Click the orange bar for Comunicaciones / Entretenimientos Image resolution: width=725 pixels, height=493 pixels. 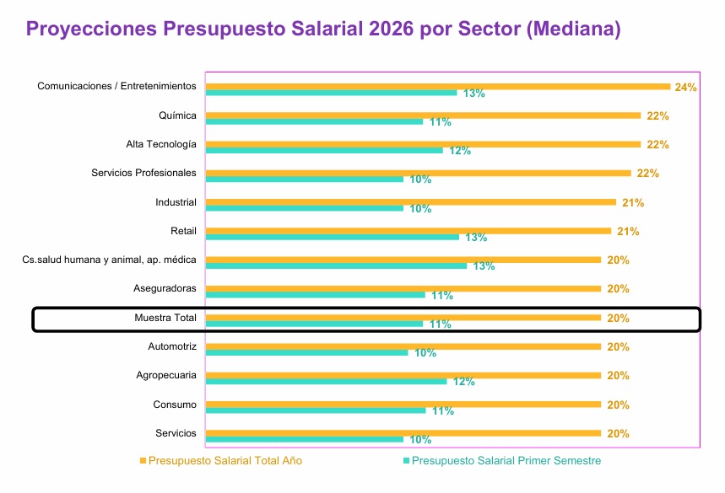tap(438, 86)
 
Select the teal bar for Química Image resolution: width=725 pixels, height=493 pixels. tap(315, 121)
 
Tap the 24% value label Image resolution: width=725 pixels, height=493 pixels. tap(685, 87)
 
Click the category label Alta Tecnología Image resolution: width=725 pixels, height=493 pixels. tap(161, 144)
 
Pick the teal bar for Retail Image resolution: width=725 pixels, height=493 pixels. tap(333, 237)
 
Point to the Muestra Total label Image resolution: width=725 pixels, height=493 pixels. tap(165, 318)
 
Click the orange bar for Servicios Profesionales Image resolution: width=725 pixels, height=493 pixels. tap(419, 173)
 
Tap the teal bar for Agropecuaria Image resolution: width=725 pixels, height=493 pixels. tap(327, 381)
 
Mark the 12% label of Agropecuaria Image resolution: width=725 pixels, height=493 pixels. tap(464, 382)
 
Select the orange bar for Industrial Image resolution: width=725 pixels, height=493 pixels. tap(411, 202)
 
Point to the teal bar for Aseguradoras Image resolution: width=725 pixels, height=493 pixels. tap(316, 294)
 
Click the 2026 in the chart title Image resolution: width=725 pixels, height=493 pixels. tap(392, 29)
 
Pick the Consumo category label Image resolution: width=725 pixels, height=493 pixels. tap(175, 405)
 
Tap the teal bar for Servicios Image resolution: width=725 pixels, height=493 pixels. tap(305, 439)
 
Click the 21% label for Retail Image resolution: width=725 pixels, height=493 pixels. tap(628, 232)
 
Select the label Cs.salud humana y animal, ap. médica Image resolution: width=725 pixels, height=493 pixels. tap(110, 260)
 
